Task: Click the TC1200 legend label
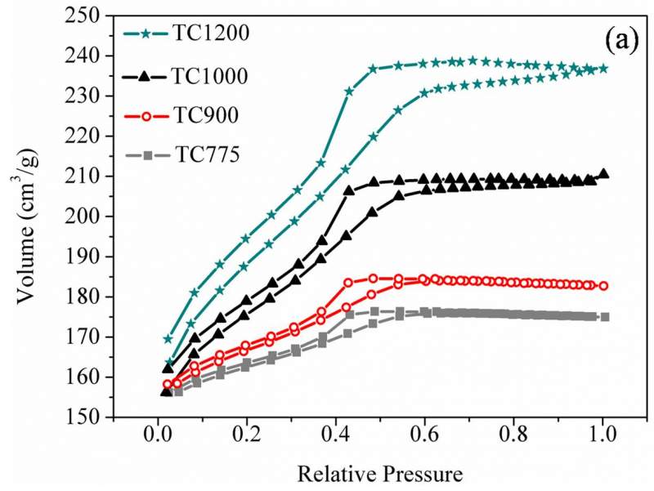211,35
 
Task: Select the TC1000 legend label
211,76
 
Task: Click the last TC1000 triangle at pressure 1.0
603,173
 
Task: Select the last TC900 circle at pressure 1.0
603,286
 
